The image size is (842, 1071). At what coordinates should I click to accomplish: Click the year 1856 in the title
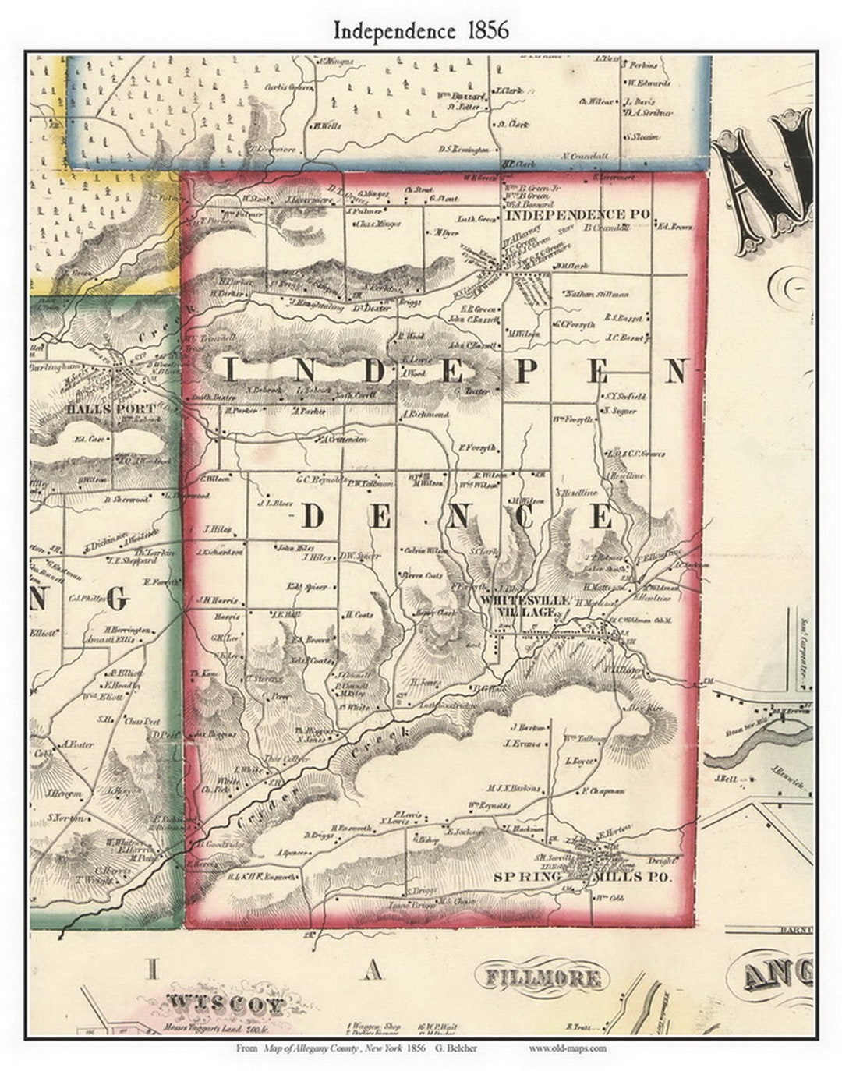[x=483, y=30]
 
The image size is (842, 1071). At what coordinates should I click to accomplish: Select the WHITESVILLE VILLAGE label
[x=518, y=607]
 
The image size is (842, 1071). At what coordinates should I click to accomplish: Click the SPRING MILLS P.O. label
[x=582, y=877]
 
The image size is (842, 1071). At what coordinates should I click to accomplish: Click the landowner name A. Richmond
[x=426, y=415]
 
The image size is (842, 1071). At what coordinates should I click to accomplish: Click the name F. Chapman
[x=602, y=791]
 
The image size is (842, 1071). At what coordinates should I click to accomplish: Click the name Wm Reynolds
[x=489, y=805]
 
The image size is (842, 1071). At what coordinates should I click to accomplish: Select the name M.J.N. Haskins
[x=514, y=788]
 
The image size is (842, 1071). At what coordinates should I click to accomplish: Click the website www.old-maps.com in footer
[x=567, y=1048]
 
